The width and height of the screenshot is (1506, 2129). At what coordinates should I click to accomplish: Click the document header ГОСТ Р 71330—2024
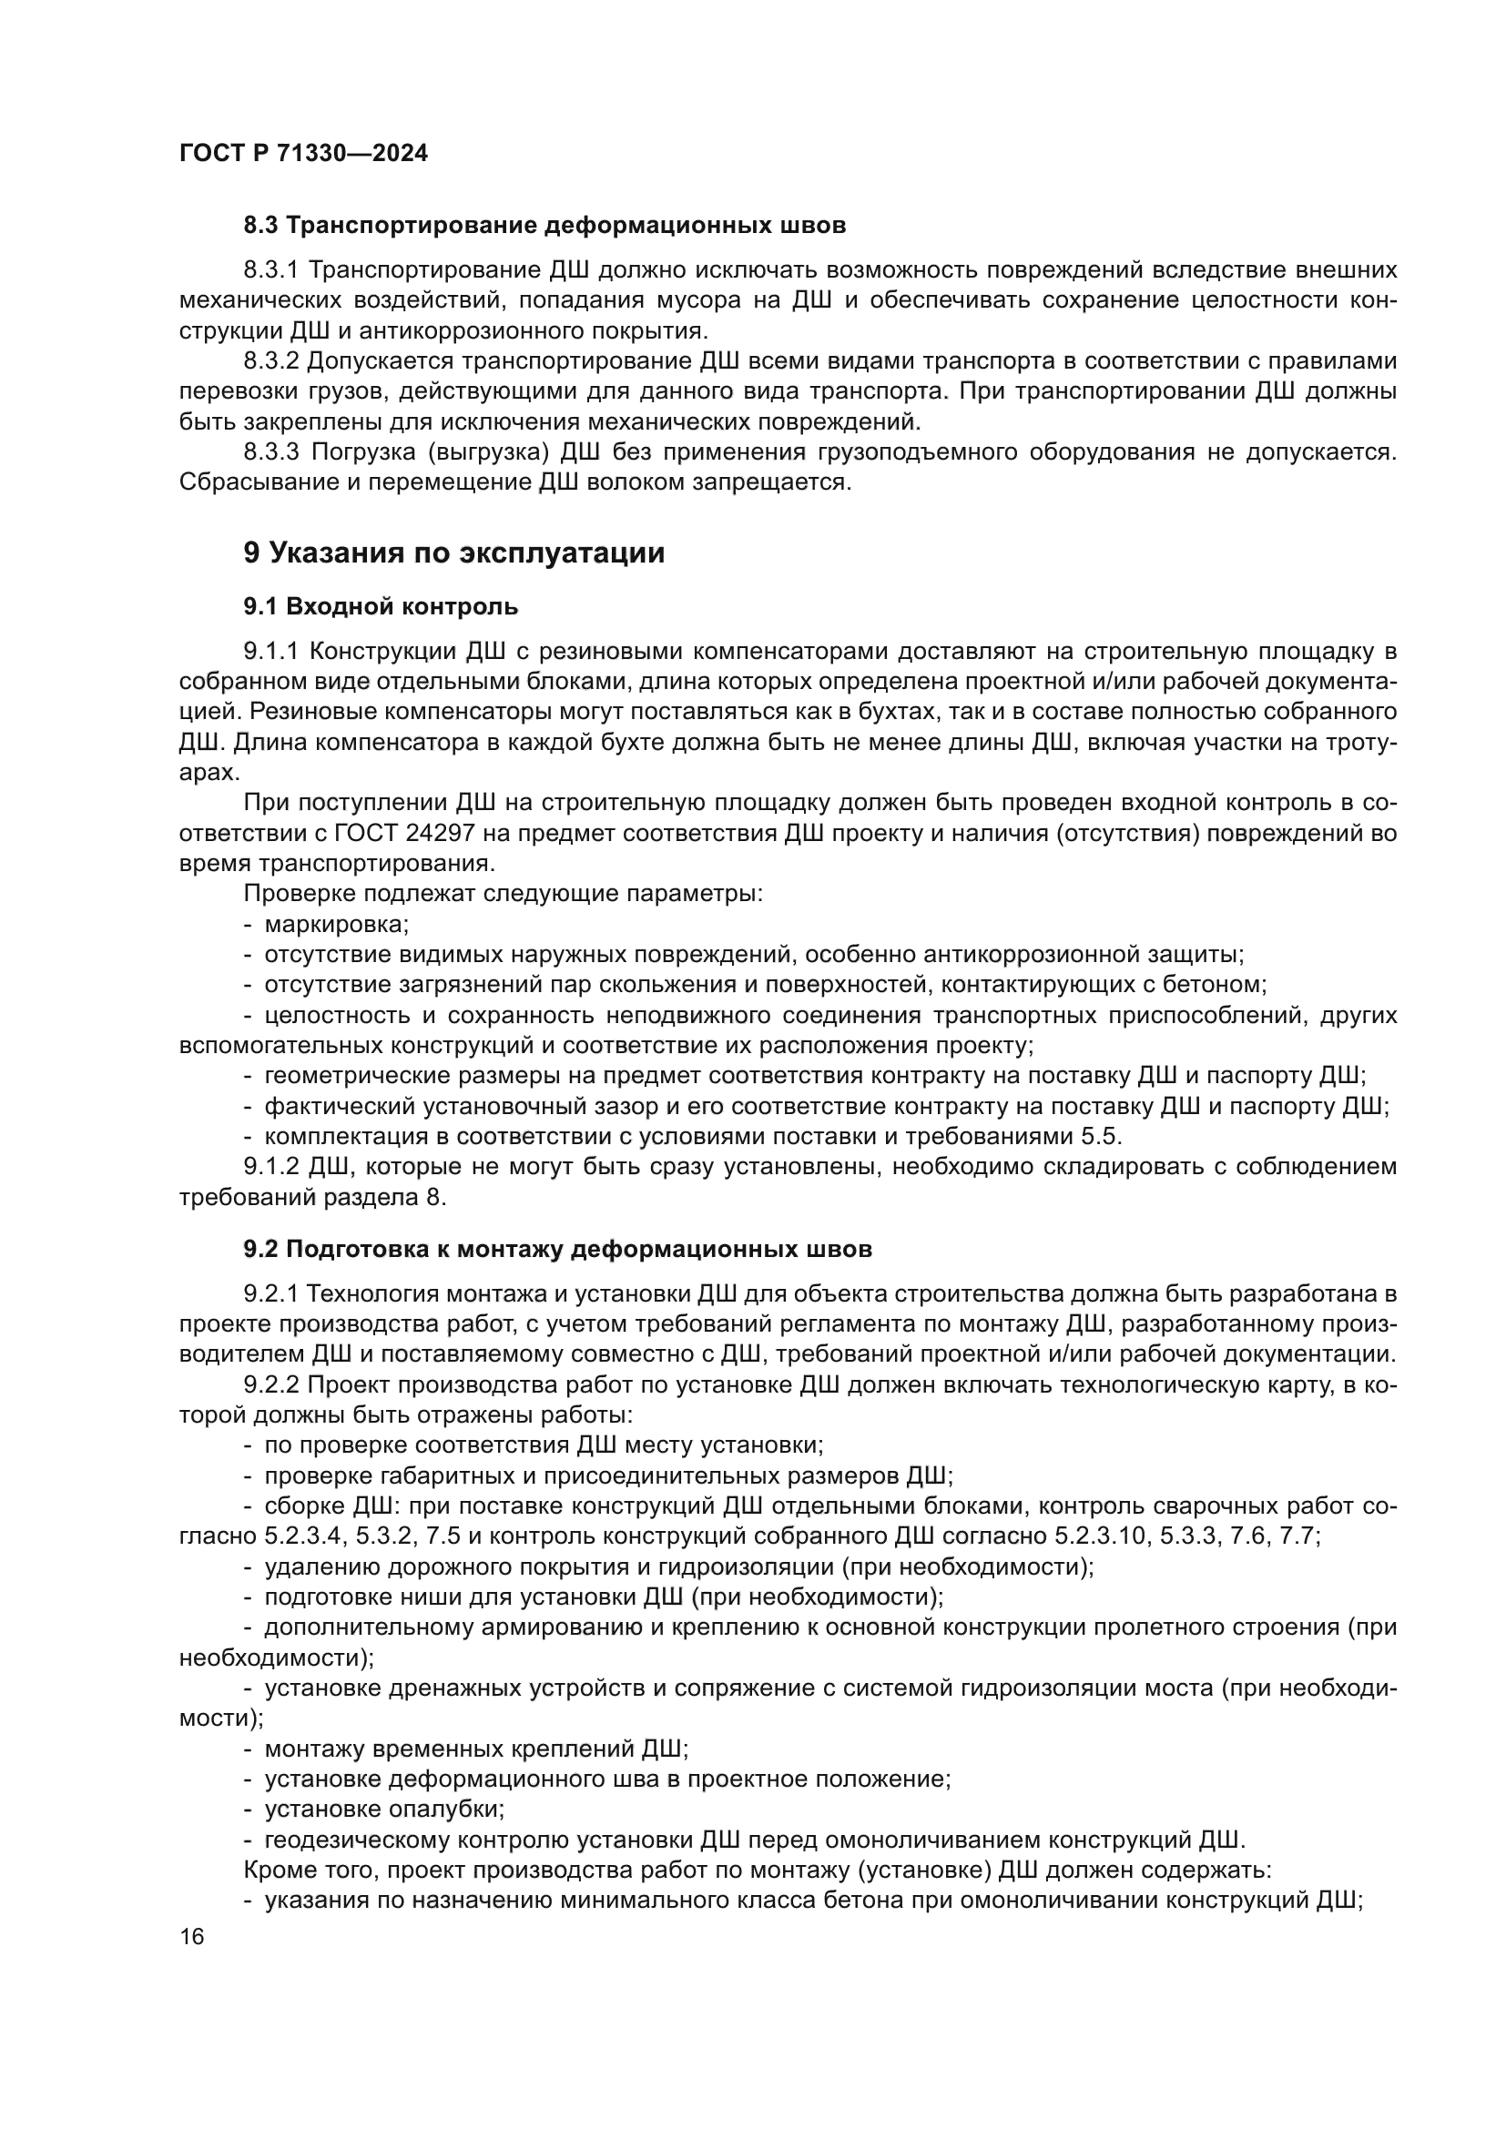pyautogui.click(x=303, y=154)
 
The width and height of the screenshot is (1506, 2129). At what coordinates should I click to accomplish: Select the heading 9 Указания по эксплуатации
pyautogui.click(x=453, y=553)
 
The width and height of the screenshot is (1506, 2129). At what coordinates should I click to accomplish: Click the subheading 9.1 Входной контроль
pyautogui.click(x=381, y=606)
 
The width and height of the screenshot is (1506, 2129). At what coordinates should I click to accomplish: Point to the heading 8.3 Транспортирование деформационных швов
pyautogui.click(x=544, y=226)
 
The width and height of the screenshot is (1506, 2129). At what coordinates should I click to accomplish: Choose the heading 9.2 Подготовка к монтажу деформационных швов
pyautogui.click(x=557, y=1249)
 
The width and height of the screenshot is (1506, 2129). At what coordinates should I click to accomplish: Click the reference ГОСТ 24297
pyautogui.click(x=421, y=834)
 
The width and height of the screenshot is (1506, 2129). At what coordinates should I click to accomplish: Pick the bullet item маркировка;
pyautogui.click(x=337, y=925)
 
